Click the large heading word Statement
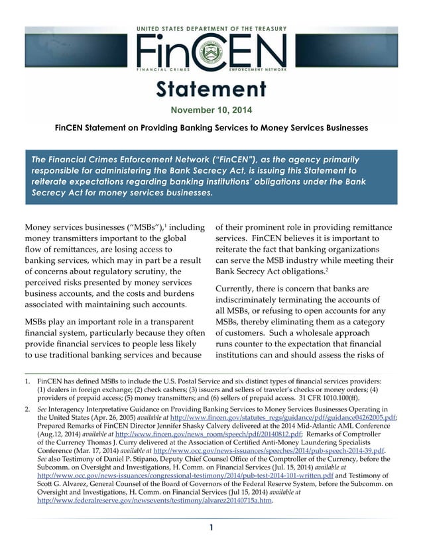click(x=211, y=89)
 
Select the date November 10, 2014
click(x=211, y=110)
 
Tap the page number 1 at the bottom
click(x=211, y=527)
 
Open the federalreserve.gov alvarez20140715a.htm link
click(x=156, y=501)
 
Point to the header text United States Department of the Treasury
click(x=211, y=29)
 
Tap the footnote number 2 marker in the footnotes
click(x=27, y=411)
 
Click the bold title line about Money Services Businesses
click(x=211, y=127)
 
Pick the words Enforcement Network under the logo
click(x=256, y=70)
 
